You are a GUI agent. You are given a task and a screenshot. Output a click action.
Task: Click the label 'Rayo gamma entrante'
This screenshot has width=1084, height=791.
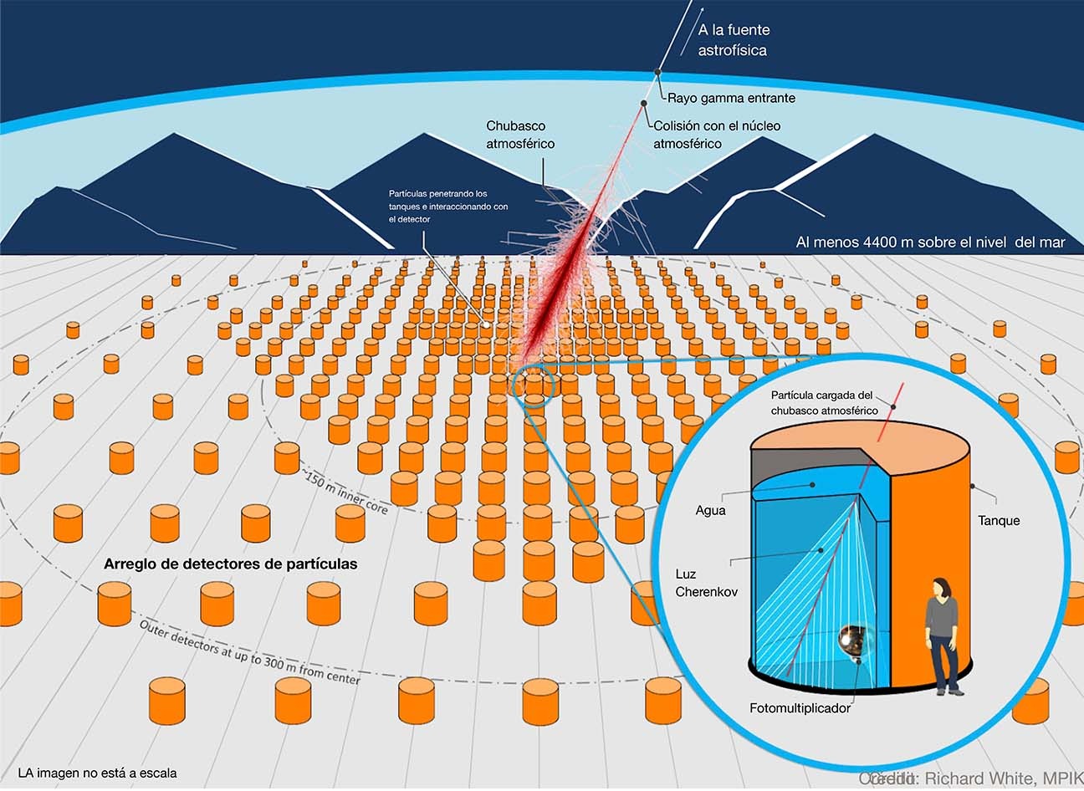pos(731,98)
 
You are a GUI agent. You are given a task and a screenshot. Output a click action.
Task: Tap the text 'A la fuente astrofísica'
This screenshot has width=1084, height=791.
pos(734,40)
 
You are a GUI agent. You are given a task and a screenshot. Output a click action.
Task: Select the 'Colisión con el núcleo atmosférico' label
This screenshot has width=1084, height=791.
pos(717,135)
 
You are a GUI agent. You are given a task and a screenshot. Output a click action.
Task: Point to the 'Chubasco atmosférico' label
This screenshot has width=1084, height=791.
pos(520,135)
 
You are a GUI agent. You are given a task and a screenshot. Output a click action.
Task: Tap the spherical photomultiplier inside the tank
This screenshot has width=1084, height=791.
pos(854,640)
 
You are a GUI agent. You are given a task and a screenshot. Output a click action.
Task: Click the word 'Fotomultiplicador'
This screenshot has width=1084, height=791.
pos(800,708)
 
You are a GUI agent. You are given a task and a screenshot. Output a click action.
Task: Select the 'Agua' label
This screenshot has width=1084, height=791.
pos(710,509)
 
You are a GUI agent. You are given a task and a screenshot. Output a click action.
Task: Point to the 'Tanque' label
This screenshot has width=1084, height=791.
pos(999,520)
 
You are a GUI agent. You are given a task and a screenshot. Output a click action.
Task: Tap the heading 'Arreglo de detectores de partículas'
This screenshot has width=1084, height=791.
pos(230,564)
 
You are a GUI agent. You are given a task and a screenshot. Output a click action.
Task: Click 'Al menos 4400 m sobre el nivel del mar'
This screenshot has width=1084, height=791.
pos(930,242)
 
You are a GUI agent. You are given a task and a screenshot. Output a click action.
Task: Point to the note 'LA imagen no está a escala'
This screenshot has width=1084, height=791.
pos(97,773)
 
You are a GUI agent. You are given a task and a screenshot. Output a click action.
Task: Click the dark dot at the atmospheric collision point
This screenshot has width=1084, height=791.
pos(644,105)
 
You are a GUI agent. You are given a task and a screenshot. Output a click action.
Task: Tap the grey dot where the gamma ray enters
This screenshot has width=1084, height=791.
pos(658,72)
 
